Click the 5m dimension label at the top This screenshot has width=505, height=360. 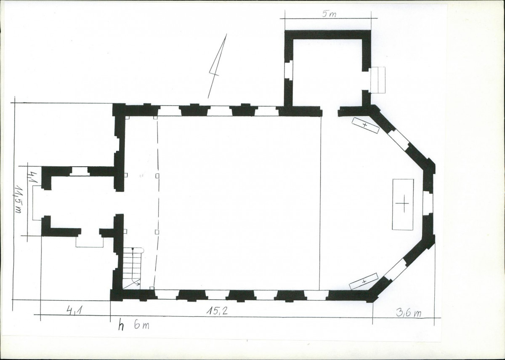coord(329,14)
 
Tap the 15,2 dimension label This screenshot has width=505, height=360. coord(217,311)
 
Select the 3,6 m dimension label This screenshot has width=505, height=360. coord(409,313)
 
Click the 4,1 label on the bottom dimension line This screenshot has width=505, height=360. coord(74,311)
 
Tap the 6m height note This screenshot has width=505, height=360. coord(141,325)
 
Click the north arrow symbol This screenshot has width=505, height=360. coord(217,66)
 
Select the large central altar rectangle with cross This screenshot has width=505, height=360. coord(403,205)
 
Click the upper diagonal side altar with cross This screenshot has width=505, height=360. coord(365,125)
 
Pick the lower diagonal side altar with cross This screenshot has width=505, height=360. coord(364,282)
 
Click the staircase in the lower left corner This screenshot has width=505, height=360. coord(132,268)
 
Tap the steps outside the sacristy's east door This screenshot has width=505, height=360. coord(378,80)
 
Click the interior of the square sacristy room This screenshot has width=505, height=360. coord(327,72)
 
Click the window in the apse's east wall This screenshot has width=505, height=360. coord(428,203)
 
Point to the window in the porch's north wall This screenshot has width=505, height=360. coord(80,171)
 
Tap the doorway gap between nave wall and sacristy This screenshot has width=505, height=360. coord(330,112)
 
